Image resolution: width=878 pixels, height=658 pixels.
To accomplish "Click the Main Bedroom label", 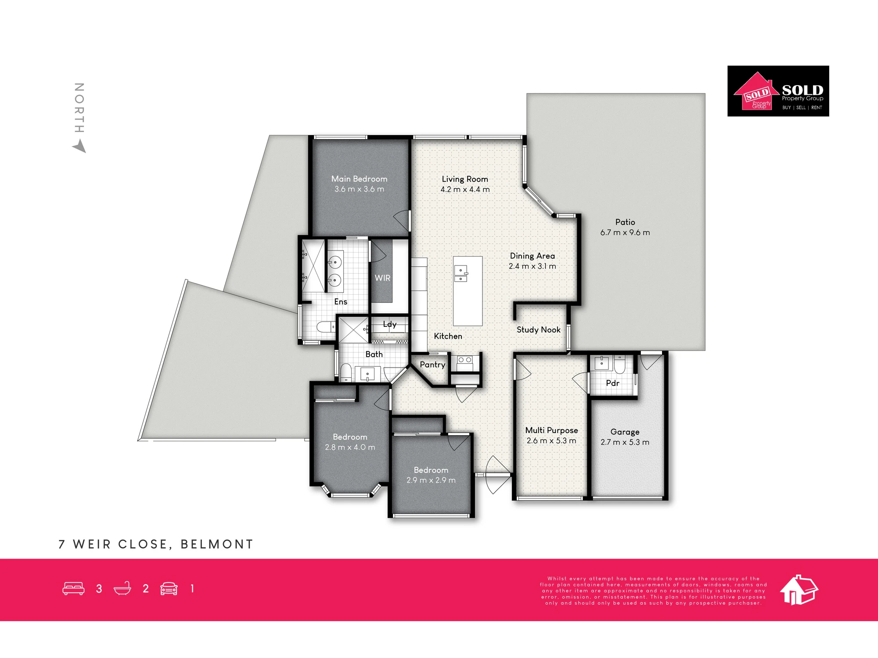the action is [359, 179].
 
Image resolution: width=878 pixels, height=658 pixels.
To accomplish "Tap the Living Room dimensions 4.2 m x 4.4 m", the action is [465, 190].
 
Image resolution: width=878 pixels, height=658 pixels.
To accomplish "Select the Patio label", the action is [625, 222].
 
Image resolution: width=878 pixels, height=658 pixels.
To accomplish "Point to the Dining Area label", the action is [532, 256].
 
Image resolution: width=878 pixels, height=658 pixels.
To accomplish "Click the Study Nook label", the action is [538, 330].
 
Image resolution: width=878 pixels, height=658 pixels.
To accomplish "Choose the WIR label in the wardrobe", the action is [382, 278].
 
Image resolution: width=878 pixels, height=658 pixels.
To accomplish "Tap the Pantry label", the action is [432, 365].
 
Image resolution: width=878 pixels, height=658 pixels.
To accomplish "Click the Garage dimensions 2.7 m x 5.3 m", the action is [625, 442].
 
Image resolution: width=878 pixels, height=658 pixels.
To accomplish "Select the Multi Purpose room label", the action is [551, 430].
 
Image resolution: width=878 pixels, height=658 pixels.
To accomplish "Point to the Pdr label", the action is [612, 383].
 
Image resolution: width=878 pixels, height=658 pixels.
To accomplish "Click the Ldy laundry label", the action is [389, 324].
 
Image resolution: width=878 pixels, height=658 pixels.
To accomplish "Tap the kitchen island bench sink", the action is [461, 273].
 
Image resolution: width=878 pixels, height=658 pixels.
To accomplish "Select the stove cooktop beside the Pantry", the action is [465, 363].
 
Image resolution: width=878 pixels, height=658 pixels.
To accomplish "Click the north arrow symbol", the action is [79, 146].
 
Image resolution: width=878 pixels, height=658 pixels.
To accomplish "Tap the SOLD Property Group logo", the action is [778, 91].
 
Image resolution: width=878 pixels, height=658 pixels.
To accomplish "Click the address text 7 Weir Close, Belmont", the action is [156, 544].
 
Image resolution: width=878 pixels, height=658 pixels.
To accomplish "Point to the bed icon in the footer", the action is [73, 589].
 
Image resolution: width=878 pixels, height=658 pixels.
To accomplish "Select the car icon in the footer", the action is [169, 589].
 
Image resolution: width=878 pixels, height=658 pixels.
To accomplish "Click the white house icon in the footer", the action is [799, 590].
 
